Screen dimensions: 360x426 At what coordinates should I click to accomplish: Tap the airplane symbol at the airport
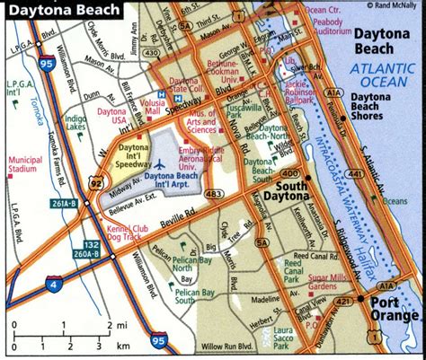point(159,165)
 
